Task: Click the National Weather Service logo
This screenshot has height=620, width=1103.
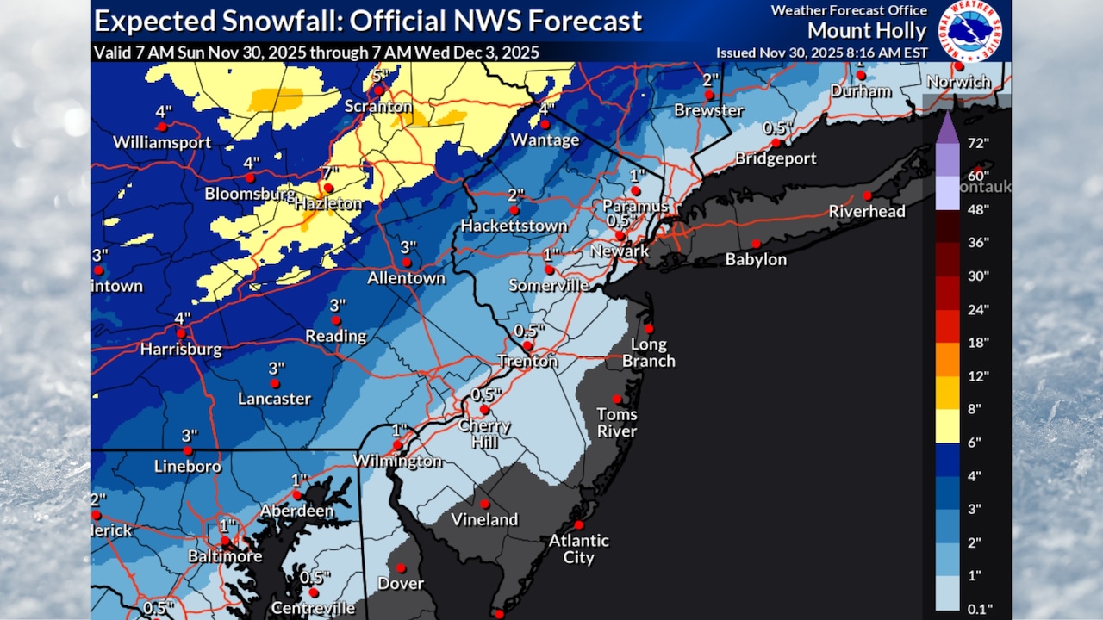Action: tap(969, 30)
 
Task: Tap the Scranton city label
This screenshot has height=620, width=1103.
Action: tap(377, 107)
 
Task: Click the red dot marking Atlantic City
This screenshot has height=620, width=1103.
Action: tap(579, 524)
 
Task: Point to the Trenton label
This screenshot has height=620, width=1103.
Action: tap(527, 362)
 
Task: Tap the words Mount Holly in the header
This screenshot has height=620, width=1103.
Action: tap(867, 32)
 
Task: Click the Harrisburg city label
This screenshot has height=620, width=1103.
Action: tap(182, 350)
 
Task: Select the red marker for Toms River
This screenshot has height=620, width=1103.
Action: tap(617, 399)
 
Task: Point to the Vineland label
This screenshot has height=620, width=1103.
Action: tap(485, 519)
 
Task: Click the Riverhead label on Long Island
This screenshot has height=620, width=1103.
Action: tap(867, 211)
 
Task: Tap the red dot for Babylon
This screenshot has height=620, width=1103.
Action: tap(756, 244)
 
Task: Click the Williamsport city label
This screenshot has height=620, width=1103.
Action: tap(162, 142)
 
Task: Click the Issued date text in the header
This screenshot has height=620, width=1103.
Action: tap(820, 53)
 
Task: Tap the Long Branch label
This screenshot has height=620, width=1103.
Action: tap(649, 353)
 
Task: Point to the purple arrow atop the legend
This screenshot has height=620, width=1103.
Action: tap(947, 127)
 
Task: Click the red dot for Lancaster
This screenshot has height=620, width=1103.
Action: tap(275, 383)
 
